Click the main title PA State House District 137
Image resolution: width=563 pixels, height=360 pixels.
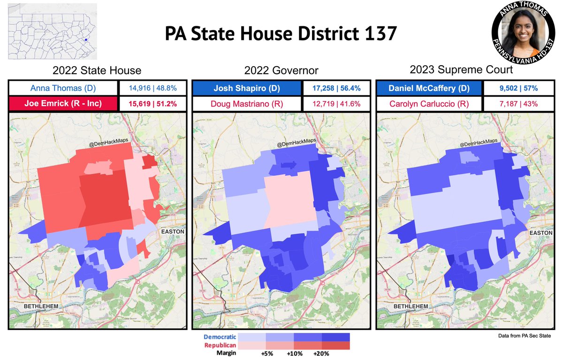(x=281, y=34)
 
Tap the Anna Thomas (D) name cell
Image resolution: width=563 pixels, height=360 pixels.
(x=63, y=88)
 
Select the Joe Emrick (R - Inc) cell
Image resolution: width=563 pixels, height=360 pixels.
(x=63, y=104)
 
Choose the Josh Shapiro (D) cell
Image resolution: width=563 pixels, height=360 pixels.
(x=247, y=88)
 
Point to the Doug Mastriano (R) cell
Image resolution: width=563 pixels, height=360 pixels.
(x=247, y=104)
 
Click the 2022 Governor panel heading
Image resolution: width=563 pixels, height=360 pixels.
(x=281, y=71)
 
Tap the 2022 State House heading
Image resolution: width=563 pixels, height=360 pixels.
(x=97, y=71)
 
